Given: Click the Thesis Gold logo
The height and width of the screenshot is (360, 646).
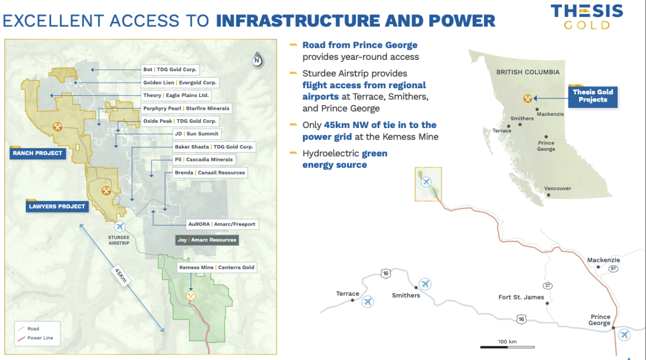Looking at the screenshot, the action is pos(587,17).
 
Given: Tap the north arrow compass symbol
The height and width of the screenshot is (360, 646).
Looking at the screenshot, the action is pos(257,60).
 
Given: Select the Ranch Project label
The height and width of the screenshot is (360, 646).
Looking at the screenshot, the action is pos(37,153).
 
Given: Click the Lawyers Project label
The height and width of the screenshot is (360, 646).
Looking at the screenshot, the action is pos(57,206).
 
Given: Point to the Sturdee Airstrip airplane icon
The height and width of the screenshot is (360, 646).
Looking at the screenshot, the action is pos(119,226).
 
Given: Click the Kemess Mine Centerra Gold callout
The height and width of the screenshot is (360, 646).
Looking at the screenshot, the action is pos(217,267).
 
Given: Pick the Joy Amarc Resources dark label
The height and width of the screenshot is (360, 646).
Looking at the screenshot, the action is pos(207,240).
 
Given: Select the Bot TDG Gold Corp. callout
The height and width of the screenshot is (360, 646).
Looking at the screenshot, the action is pos(170,69).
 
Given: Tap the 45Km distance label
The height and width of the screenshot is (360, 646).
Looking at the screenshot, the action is pos(120,275).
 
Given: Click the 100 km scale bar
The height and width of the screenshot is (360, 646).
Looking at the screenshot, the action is pos(507,347).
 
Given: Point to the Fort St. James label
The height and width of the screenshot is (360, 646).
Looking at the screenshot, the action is pos(521,297).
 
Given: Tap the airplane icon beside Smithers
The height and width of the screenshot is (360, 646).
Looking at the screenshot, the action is pos(425,284).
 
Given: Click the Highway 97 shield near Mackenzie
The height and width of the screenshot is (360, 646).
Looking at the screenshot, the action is pos(613,269).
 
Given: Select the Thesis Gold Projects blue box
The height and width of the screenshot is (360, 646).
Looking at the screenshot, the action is pos(592,96).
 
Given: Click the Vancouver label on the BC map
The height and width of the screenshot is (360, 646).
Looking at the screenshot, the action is pos(558,189).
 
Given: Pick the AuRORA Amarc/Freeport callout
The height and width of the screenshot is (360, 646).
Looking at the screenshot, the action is pos(221,224).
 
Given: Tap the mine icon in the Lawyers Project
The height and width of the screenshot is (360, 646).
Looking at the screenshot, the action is pos(106,190).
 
